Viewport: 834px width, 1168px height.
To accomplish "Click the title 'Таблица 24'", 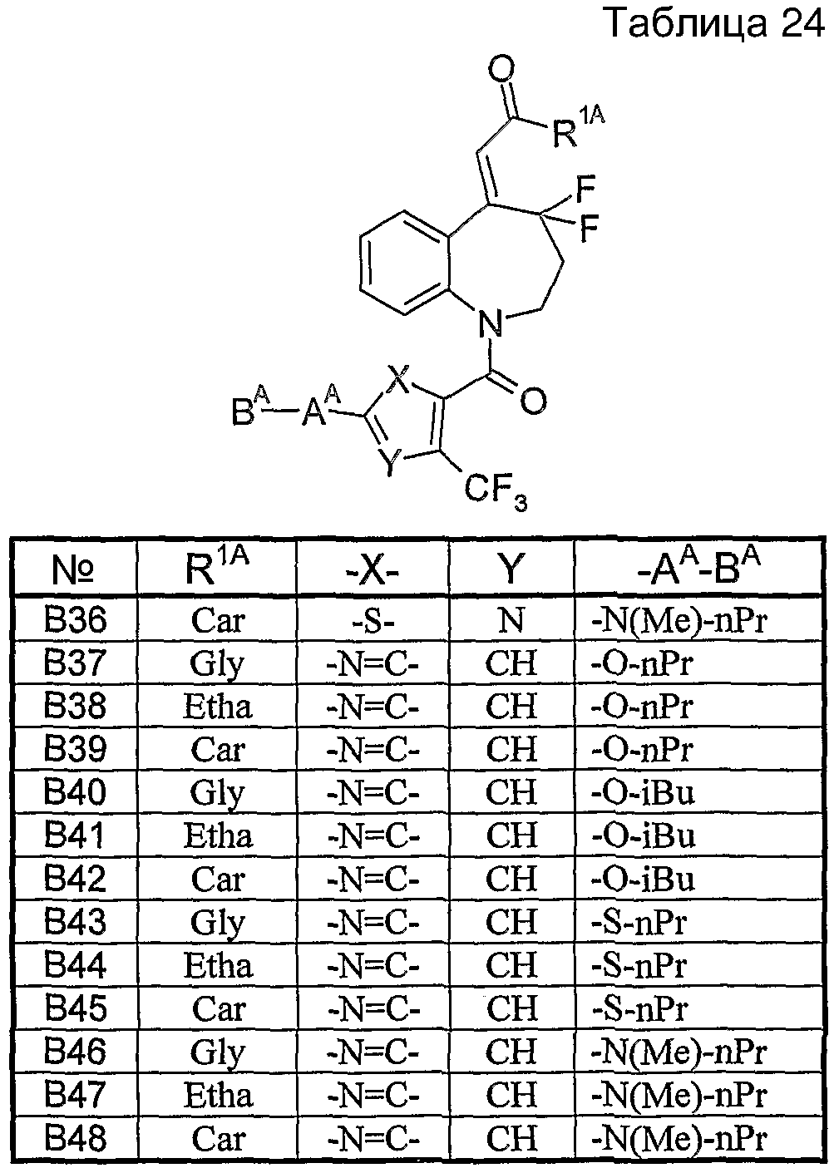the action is (716, 23).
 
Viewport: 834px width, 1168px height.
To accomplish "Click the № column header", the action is (73, 570).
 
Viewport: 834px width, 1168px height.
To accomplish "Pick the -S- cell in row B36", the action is (373, 621).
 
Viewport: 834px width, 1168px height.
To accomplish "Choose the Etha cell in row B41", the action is (218, 835).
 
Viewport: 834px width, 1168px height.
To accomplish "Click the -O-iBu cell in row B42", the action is (643, 879).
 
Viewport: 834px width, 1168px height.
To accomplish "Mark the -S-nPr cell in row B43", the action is (639, 922).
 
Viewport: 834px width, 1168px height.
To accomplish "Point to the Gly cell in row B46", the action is (217, 1053).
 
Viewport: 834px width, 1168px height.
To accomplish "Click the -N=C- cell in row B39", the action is (373, 750).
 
